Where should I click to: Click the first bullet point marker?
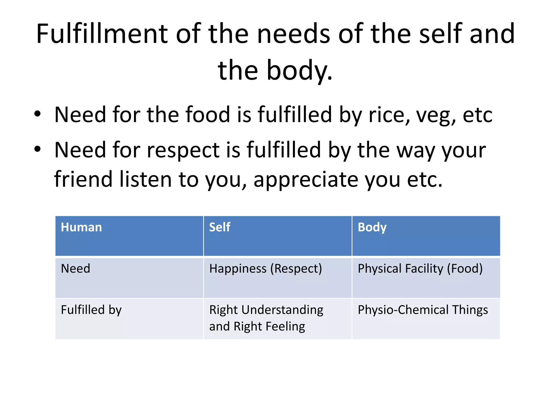tap(37, 114)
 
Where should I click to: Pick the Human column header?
tap(81, 227)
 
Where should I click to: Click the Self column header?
tap(220, 227)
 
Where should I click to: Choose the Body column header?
tap(372, 227)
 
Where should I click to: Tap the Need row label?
tap(76, 269)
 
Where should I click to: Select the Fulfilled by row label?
tap(91, 310)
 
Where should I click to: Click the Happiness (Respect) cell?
tap(265, 269)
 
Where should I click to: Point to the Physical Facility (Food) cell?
tap(420, 269)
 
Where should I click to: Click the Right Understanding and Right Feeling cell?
tap(266, 318)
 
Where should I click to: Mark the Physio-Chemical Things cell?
tap(423, 310)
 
